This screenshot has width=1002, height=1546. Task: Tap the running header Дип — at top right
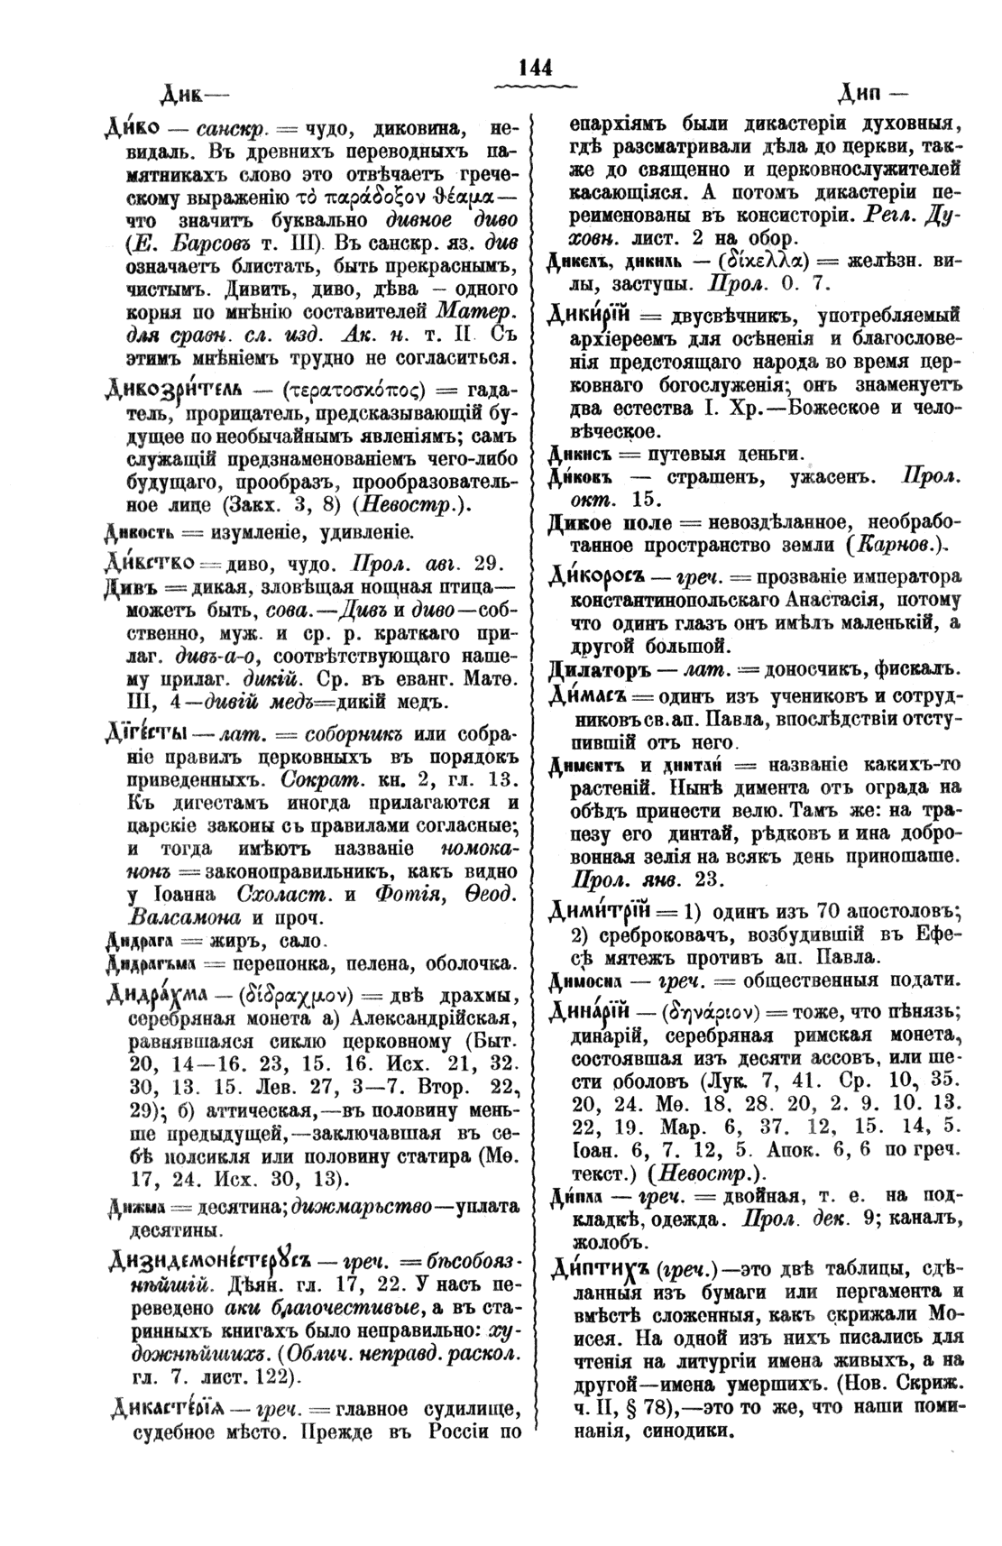(872, 93)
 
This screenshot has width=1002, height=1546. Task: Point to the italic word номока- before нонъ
(478, 850)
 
